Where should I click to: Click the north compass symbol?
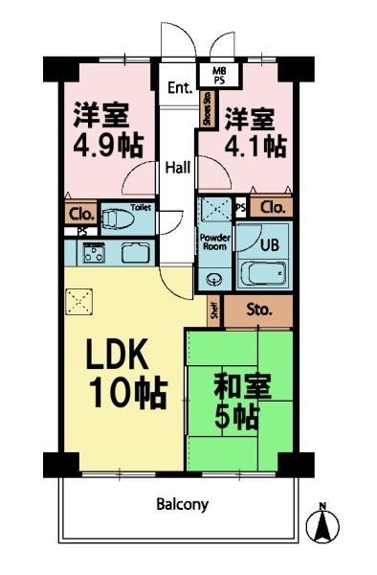coord(322,523)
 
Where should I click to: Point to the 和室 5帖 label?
coord(241,402)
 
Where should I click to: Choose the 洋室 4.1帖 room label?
coord(254,132)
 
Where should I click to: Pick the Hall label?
coord(177,168)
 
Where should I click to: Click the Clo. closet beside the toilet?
coord(78,214)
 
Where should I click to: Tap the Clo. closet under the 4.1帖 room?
coord(272,207)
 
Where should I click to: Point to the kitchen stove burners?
coord(94,254)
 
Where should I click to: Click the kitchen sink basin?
coord(132,254)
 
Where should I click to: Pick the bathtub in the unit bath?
coord(260,275)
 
